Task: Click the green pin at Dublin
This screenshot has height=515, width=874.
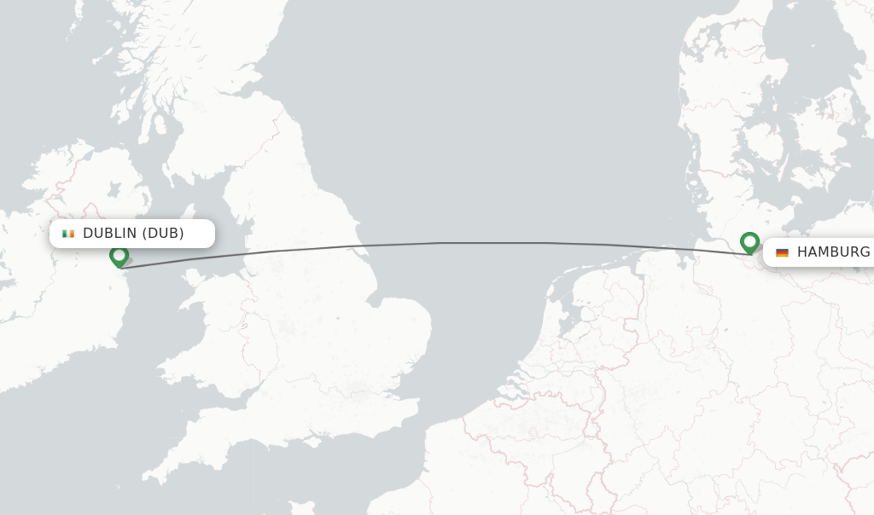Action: tap(119, 255)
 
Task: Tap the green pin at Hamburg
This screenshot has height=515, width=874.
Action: tap(749, 242)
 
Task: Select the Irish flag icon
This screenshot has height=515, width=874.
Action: tap(68, 234)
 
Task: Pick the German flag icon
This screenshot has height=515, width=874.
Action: tap(782, 252)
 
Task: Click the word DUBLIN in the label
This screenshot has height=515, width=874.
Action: tap(109, 234)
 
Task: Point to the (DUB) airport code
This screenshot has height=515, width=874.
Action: tap(163, 234)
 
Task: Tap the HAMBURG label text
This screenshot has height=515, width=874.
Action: tap(833, 252)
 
